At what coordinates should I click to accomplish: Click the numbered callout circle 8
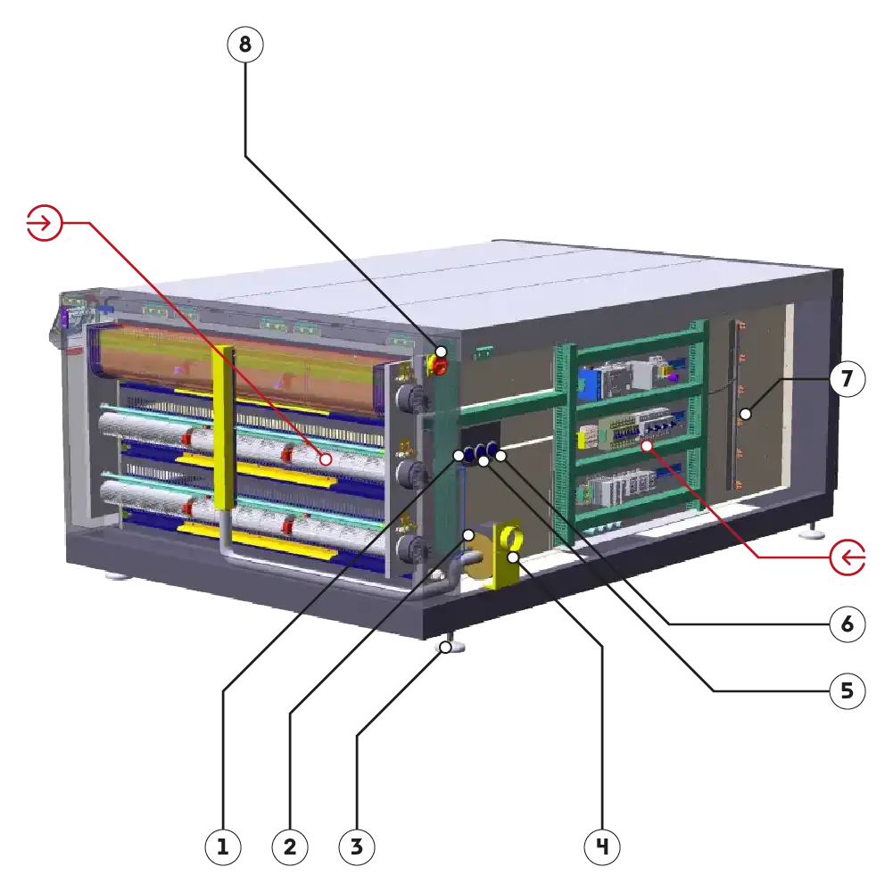pyautogui.click(x=245, y=45)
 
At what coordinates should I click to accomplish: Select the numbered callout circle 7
pyautogui.click(x=847, y=380)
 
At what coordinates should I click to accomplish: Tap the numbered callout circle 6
pyautogui.click(x=847, y=624)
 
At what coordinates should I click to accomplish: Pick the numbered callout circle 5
pyautogui.click(x=847, y=690)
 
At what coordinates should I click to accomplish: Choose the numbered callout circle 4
pyautogui.click(x=602, y=847)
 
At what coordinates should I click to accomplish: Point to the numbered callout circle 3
pyautogui.click(x=356, y=847)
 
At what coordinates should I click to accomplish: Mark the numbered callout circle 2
pyautogui.click(x=289, y=847)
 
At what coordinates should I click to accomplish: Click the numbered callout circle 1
pyautogui.click(x=223, y=847)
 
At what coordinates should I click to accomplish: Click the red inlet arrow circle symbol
pyautogui.click(x=44, y=223)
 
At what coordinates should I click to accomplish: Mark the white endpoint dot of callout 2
pyautogui.click(x=468, y=534)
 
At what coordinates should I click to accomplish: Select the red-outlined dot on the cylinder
pyautogui.click(x=326, y=459)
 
